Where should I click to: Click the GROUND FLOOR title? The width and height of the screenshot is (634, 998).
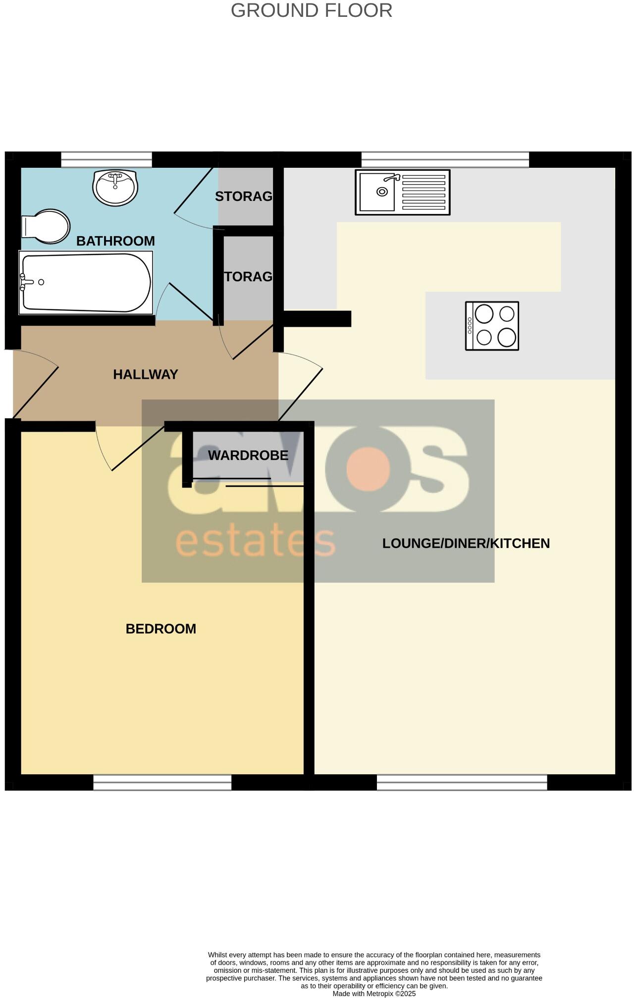(311, 10)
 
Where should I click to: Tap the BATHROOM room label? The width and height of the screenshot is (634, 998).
(115, 241)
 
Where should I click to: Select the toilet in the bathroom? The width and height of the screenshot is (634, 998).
(46, 227)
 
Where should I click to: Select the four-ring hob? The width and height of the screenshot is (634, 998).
(492, 326)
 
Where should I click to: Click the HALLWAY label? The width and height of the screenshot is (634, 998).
(145, 375)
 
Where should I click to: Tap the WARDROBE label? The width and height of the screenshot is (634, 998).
(248, 455)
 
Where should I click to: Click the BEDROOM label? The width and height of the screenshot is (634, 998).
(160, 629)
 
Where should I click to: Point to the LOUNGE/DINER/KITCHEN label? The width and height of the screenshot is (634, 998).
(466, 544)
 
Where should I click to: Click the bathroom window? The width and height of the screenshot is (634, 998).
(106, 159)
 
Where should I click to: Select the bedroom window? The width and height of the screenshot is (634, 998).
(162, 782)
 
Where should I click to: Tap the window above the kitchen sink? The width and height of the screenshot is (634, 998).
(445, 159)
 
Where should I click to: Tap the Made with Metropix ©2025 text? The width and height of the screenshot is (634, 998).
(374, 994)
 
